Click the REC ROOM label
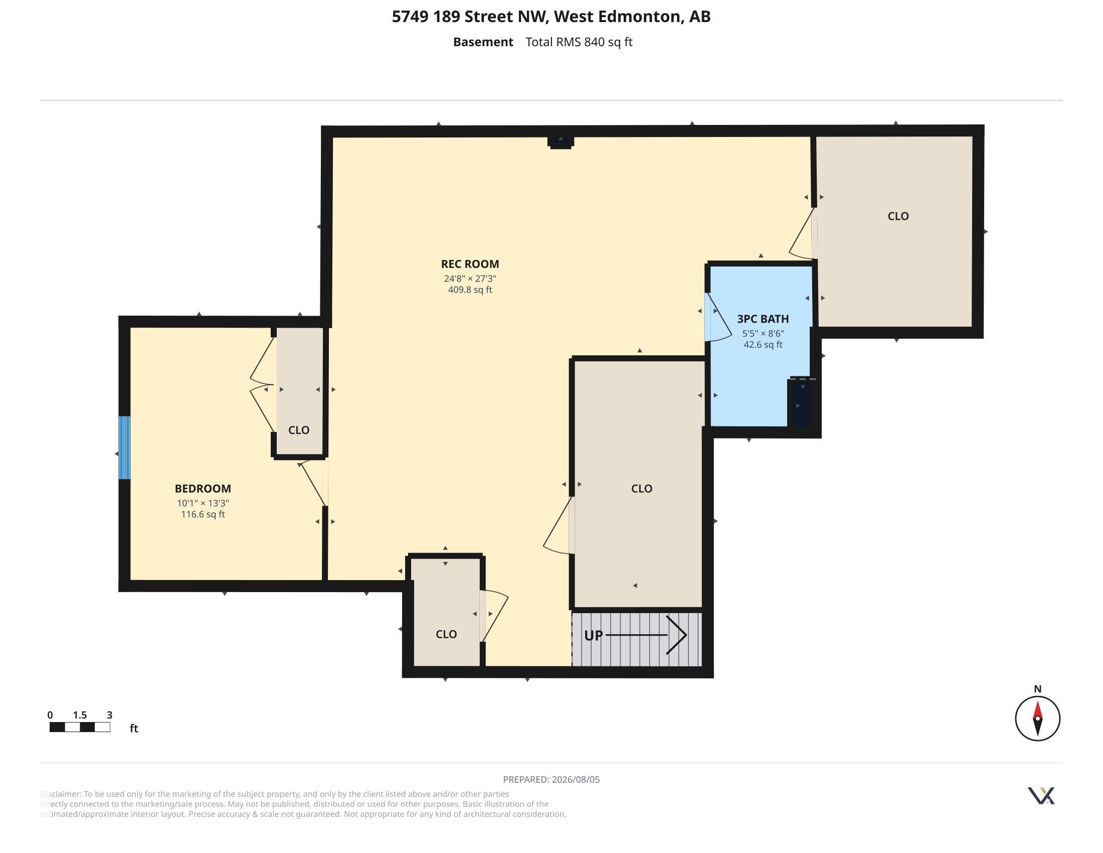pos(470,264)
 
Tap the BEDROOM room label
pos(203,489)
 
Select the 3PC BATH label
pos(763,319)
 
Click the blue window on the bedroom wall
pos(124,448)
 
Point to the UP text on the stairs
pos(594,635)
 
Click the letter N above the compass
pos(1037,689)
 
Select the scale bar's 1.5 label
pos(80,715)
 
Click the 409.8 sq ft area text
pos(470,290)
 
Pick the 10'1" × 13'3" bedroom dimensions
pos(203,503)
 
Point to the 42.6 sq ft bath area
pos(763,345)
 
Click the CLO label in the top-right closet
pos(898,216)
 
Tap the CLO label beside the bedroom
pos(298,430)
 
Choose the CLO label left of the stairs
pos(446,634)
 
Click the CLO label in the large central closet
pos(641,489)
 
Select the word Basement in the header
pos(483,42)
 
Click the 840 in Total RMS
pos(594,42)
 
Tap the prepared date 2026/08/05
pos(575,779)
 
